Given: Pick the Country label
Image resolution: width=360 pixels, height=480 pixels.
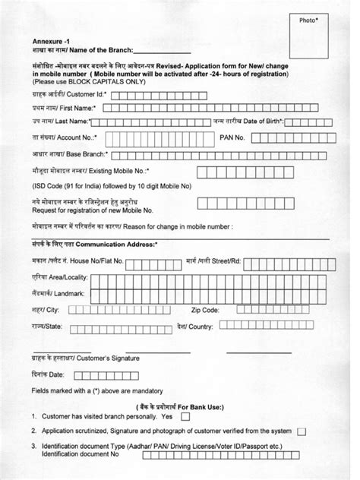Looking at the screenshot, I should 203,327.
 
